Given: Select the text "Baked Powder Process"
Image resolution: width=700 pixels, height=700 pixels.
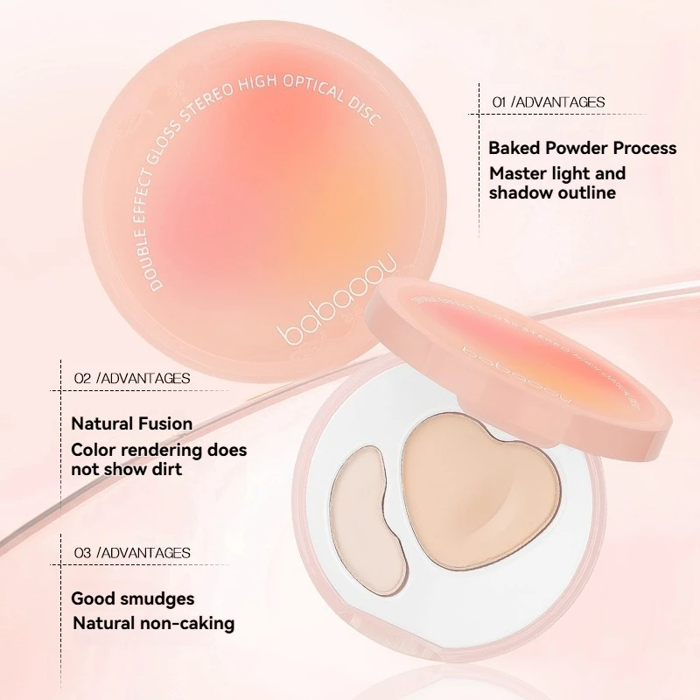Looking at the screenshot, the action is (583, 148).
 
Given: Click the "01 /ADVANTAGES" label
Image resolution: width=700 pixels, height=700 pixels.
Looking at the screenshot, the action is (549, 102).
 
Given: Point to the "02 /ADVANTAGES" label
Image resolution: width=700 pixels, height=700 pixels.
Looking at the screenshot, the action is (132, 378).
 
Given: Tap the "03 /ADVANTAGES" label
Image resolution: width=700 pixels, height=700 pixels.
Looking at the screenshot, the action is (132, 553).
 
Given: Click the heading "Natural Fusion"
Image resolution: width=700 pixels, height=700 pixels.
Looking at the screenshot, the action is (132, 423).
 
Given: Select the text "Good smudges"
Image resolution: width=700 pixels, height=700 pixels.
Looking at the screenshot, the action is (133, 599).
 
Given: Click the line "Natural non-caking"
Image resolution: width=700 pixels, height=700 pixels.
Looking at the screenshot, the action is (154, 624).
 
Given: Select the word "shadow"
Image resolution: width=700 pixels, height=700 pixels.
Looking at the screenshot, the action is (521, 192).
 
